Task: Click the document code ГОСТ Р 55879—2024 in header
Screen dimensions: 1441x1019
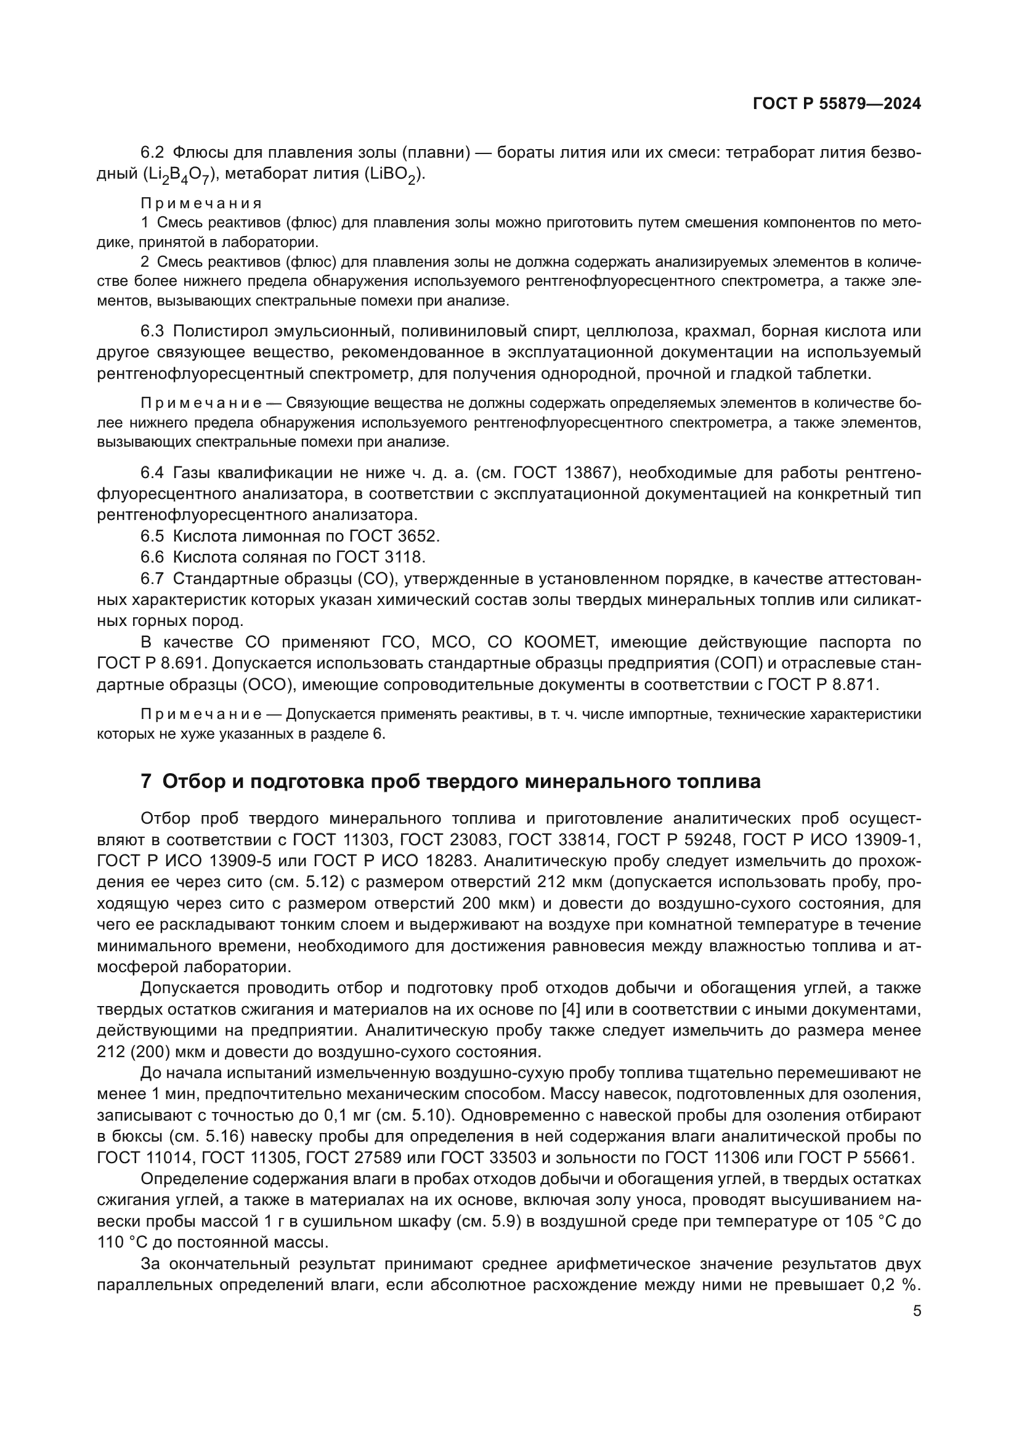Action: click(837, 104)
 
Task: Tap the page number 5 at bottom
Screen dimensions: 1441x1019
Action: click(917, 1310)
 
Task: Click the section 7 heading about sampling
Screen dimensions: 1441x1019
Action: click(450, 781)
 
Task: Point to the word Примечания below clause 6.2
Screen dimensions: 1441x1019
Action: click(201, 203)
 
